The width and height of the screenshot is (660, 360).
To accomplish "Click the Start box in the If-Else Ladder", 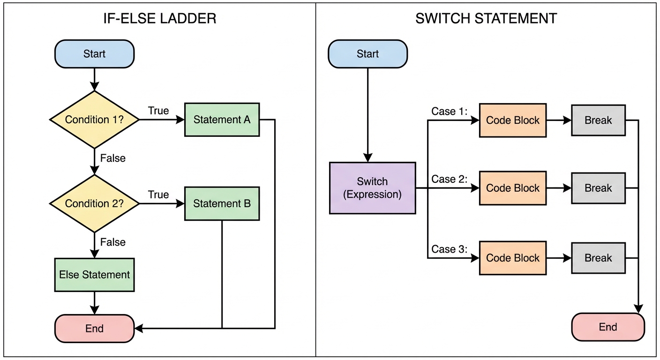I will (94, 53).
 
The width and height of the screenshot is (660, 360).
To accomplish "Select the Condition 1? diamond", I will (94, 120).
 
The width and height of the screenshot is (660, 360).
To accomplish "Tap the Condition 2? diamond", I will (94, 203).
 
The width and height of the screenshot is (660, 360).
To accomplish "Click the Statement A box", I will (222, 120).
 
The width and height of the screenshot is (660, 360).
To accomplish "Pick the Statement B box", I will (222, 203).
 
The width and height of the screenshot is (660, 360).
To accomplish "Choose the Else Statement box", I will (94, 275).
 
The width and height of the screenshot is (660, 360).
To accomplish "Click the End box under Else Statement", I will (94, 328).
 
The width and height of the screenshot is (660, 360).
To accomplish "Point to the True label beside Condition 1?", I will (158, 111).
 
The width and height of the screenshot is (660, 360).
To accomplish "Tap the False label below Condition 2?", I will (113, 242).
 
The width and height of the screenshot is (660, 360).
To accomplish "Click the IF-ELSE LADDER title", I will (160, 19).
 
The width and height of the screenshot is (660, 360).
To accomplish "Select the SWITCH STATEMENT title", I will (486, 19).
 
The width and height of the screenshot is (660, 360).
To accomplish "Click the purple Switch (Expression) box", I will (372, 188).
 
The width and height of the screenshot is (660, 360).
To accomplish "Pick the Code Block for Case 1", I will (512, 120).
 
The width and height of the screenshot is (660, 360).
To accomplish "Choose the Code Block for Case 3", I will (512, 258).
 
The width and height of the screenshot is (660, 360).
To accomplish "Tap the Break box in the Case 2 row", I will (598, 188).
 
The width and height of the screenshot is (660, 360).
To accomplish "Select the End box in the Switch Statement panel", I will (608, 327).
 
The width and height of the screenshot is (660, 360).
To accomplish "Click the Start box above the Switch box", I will (367, 53).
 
